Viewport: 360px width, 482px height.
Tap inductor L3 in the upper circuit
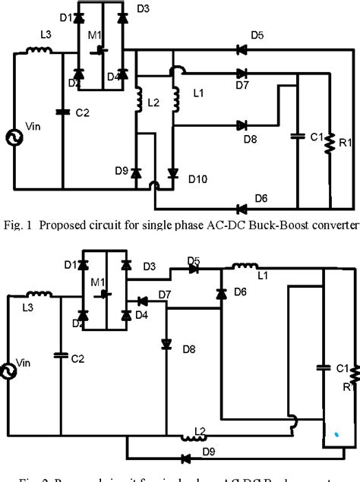(39, 52)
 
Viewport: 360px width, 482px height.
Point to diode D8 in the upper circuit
(241, 125)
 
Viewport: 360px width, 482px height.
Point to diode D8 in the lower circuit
(166, 344)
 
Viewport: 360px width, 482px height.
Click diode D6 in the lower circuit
(221, 294)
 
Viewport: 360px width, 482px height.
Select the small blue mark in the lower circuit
(336, 435)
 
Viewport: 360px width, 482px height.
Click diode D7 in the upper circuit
(241, 74)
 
